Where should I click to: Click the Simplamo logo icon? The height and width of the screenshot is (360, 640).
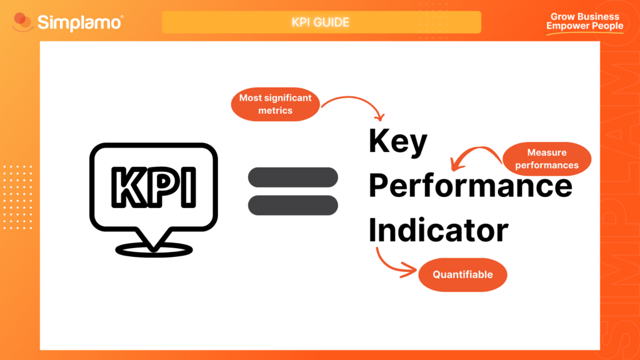[x=23, y=23]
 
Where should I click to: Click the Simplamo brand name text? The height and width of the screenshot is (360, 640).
[x=80, y=23]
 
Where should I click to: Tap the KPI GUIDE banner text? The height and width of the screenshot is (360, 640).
[x=321, y=22]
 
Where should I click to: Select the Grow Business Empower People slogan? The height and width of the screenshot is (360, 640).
[x=584, y=22]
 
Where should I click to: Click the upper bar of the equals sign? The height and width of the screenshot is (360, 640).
[x=293, y=177]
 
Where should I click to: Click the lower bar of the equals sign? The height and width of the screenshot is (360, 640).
[x=293, y=205]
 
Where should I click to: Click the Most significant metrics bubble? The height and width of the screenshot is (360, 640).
[x=276, y=104]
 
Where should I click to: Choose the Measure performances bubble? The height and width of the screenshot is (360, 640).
[x=547, y=159]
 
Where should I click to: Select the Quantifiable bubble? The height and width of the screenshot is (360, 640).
[x=462, y=274]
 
